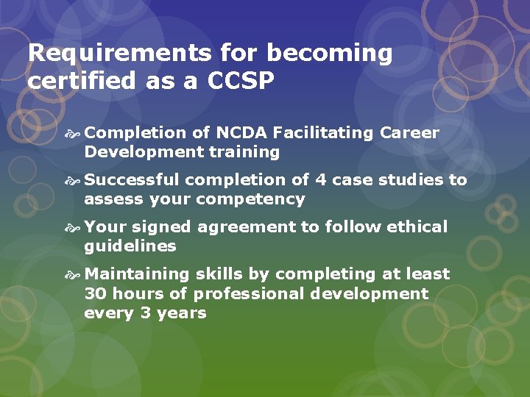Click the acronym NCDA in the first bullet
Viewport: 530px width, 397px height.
(240, 133)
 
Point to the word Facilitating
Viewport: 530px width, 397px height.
(324, 133)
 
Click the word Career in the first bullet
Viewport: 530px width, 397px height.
(409, 133)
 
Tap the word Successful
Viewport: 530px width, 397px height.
(132, 180)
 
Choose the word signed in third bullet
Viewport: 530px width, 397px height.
(156, 227)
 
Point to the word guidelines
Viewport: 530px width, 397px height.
(130, 246)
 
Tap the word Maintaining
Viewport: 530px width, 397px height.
(138, 274)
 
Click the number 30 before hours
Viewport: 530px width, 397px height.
(93, 293)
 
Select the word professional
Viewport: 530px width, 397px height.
(250, 293)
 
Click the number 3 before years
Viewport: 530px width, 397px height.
(145, 312)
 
